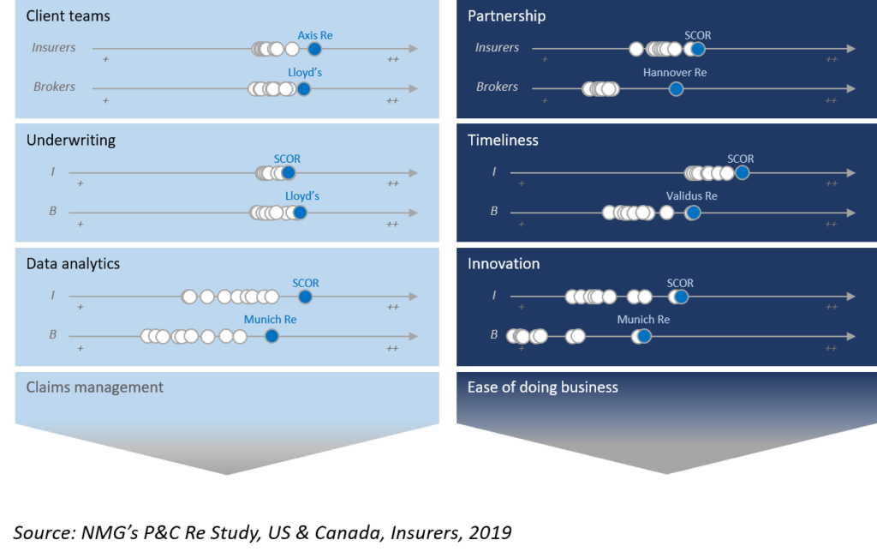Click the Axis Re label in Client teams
[x=315, y=35]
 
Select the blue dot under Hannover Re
[x=677, y=89]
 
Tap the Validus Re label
[x=691, y=196]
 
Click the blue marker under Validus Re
[x=693, y=213]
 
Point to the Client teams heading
[x=69, y=15]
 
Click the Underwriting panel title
[x=71, y=140]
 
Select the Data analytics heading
[x=74, y=264]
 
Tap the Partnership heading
[x=507, y=15]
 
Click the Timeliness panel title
[x=503, y=140]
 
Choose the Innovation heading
[x=504, y=264]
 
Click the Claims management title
[x=94, y=387]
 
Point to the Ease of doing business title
[x=542, y=387]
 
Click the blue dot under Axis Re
[x=315, y=49]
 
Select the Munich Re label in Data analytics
[x=270, y=320]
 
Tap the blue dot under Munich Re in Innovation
[x=644, y=336]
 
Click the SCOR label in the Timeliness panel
[x=741, y=159]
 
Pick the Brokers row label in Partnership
[x=498, y=87]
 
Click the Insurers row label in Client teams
[x=54, y=48]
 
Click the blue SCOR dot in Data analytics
[x=305, y=297]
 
